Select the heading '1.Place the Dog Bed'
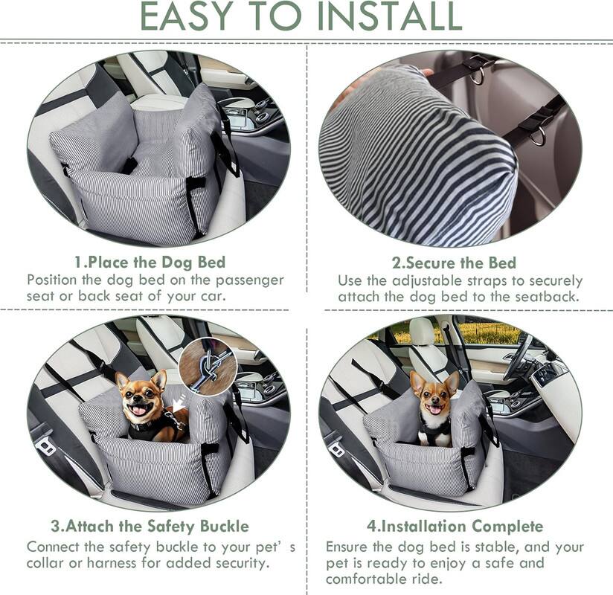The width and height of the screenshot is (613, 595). (150, 262)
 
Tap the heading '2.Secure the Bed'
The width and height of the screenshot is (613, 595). (454, 263)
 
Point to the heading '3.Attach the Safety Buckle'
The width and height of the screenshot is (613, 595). (150, 527)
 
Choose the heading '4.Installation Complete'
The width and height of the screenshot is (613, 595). (455, 527)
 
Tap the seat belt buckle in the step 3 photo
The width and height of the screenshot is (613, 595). (45, 444)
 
